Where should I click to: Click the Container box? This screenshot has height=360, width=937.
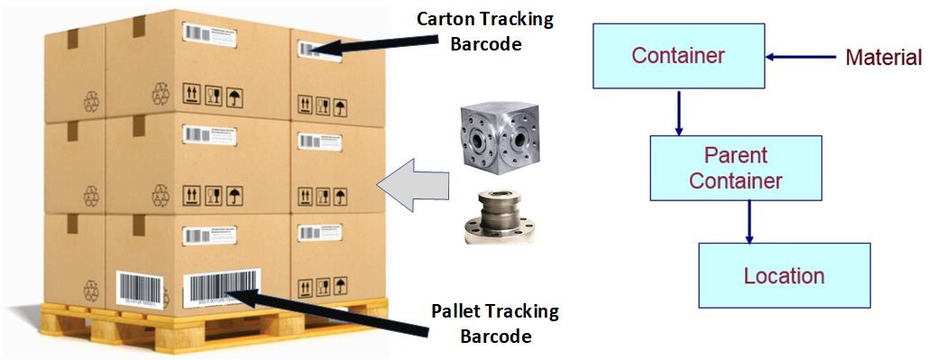pos(678,56)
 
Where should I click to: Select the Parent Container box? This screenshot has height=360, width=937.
pos(735,167)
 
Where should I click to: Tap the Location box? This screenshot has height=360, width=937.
pos(784,275)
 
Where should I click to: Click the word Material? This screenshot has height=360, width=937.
pos(883,59)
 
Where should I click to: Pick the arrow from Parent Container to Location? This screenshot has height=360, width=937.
pos(749,221)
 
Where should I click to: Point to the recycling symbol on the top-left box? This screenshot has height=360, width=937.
pos(93,99)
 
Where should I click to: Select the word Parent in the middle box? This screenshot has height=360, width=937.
pos(735,154)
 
